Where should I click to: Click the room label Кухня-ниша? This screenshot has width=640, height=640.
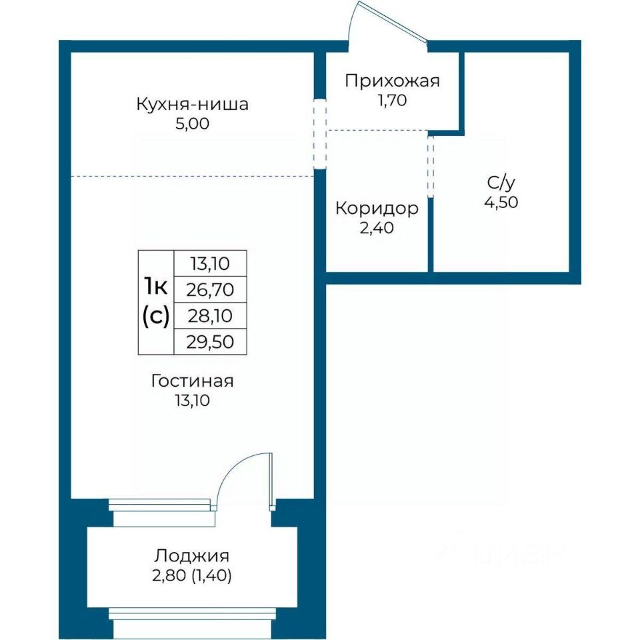point(192,104)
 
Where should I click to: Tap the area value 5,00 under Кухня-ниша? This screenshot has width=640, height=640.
point(192,123)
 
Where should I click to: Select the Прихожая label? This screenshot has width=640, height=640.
point(392,81)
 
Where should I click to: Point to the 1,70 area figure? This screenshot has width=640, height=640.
point(392,100)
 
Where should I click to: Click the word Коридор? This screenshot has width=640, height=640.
point(377,209)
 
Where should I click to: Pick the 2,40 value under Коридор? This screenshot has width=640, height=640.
point(377,228)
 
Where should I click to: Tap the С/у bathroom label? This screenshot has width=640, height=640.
point(501,183)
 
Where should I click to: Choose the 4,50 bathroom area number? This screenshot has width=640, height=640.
point(501,202)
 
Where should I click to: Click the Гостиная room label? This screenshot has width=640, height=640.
point(192,381)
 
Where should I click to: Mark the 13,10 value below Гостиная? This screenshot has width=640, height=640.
point(192,401)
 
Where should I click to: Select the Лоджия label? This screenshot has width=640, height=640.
point(192,556)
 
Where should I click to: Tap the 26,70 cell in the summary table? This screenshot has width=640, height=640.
point(210,290)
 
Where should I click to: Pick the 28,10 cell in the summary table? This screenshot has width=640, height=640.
point(210,316)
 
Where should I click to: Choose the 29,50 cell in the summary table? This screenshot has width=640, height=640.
point(210,342)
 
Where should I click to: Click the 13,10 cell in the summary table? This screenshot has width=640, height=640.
point(210,264)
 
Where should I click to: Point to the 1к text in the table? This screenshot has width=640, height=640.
point(155,286)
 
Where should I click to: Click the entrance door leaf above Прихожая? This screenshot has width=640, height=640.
point(393,21)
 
